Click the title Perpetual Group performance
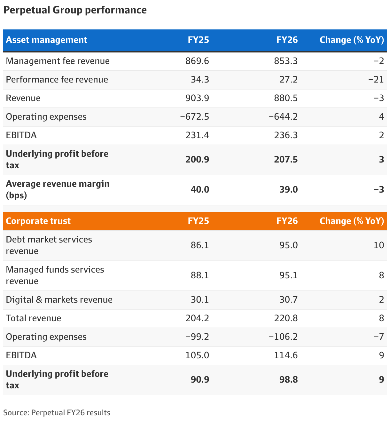[x=75, y=10]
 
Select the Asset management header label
[x=46, y=40]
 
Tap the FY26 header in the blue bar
[x=287, y=40]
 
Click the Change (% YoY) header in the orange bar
[x=352, y=221]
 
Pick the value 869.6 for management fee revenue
[x=197, y=61]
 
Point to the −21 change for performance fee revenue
[x=376, y=79]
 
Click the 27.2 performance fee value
[x=289, y=79]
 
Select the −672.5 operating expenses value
[x=194, y=116]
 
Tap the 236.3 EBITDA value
[x=286, y=135]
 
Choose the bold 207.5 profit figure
[x=286, y=159]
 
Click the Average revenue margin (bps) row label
[x=58, y=189]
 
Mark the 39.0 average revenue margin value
[x=289, y=189]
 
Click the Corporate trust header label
[x=38, y=221]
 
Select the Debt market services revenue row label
[x=49, y=245]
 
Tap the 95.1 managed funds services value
[x=289, y=275]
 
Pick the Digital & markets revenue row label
[x=59, y=300]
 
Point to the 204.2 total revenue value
[x=197, y=318]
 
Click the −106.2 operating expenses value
[x=283, y=337]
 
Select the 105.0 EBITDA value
[x=197, y=355]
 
